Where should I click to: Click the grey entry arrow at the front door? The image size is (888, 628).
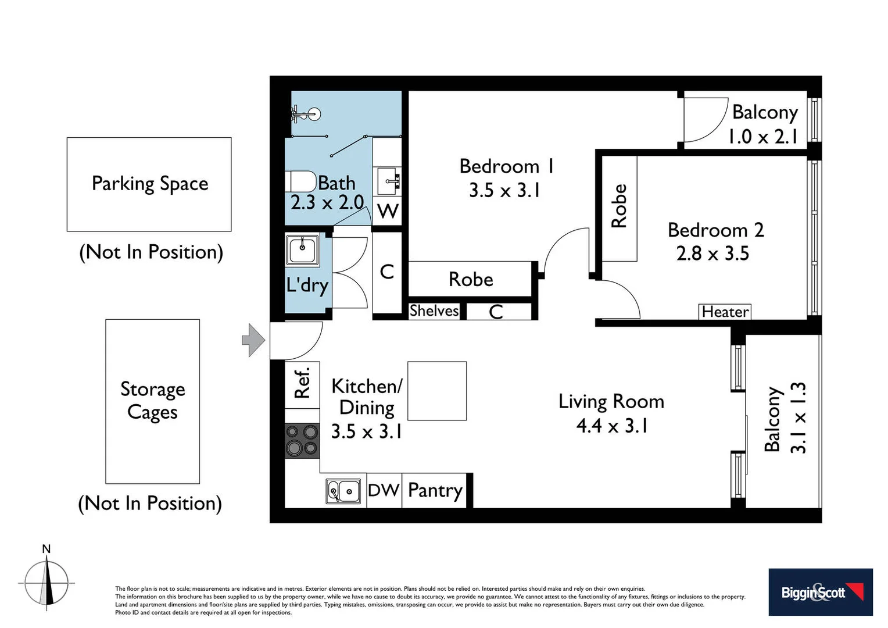tap(253, 340)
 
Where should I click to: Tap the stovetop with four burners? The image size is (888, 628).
tap(302, 440)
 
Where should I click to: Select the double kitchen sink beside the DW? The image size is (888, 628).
tap(343, 491)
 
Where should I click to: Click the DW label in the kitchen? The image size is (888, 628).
tap(384, 490)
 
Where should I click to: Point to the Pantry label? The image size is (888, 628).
tap(435, 490)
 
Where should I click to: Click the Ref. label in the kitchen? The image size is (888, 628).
tap(302, 383)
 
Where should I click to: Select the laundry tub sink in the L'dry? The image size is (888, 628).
tap(302, 250)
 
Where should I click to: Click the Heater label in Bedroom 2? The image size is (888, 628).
tap(725, 312)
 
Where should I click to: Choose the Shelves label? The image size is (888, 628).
tap(434, 311)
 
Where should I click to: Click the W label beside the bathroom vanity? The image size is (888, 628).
tap(388, 211)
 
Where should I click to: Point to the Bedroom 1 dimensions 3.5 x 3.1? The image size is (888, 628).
tap(504, 191)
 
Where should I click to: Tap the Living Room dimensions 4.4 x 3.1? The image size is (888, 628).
tap(611, 426)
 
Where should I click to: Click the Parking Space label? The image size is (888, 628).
tap(150, 184)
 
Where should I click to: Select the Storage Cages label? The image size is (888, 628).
tap(152, 400)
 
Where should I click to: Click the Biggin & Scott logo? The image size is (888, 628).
tap(820, 592)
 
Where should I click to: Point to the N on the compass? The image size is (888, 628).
tap(46, 549)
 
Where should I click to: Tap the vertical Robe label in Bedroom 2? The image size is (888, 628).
tap(619, 206)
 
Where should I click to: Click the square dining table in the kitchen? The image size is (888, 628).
tap(437, 391)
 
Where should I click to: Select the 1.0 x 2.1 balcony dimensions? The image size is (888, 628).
tap(762, 137)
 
